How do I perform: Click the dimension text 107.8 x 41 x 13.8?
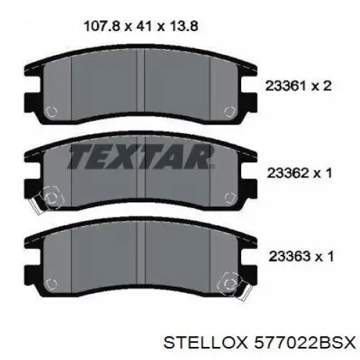coord(141,26)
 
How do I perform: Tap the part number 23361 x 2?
coord(298,86)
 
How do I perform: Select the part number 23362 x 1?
coord(300,173)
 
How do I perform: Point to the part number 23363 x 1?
coord(301,256)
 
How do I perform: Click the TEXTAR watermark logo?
coord(141,156)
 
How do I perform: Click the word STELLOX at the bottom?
coord(205,343)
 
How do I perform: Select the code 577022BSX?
coord(305,343)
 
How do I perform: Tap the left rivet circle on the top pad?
coord(51,112)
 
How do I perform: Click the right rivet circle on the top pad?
coord(230,111)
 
